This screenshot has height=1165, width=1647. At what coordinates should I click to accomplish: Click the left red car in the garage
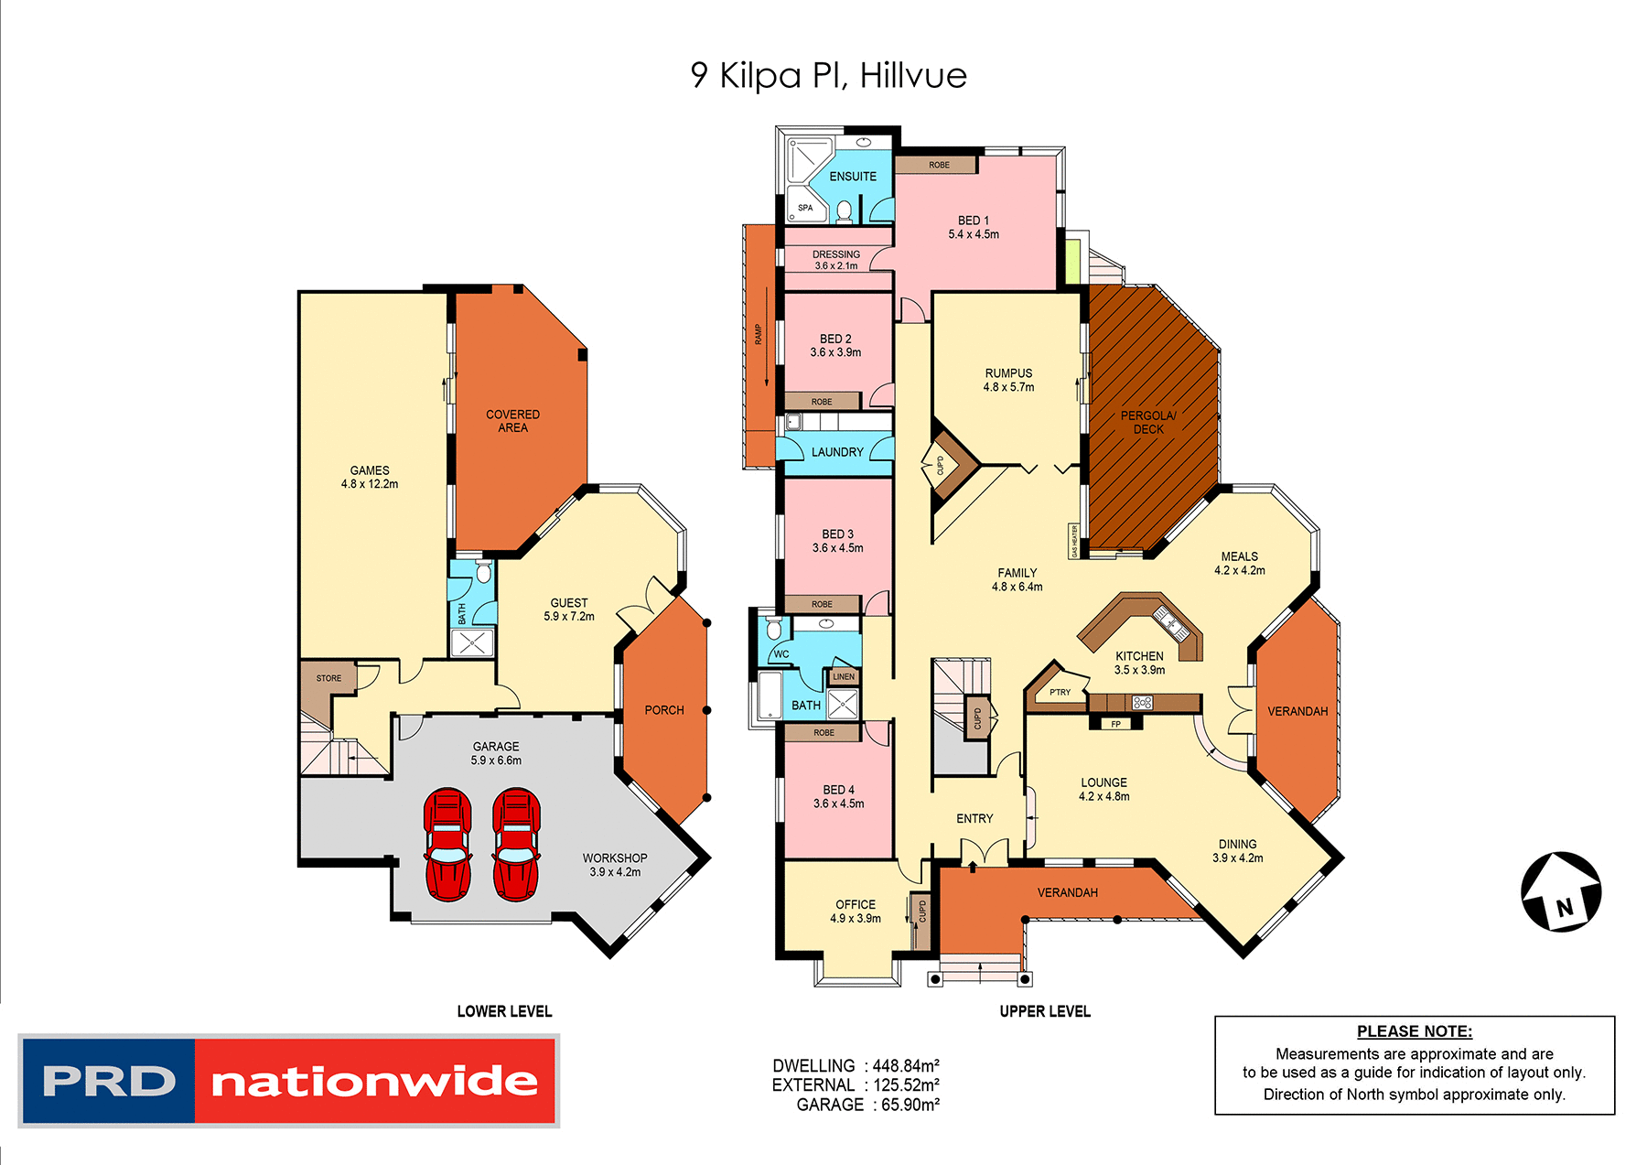(x=447, y=844)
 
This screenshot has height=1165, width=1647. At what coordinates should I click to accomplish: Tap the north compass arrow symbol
(x=1561, y=891)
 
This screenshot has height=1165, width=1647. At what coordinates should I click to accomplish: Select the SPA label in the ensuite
(x=805, y=208)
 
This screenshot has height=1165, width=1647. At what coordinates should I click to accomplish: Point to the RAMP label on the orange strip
(x=759, y=334)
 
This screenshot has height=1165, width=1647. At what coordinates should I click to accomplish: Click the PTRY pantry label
(x=1060, y=693)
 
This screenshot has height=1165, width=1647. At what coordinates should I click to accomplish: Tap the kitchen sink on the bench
(x=1171, y=621)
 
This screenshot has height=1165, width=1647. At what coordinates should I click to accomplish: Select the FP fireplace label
(x=1115, y=724)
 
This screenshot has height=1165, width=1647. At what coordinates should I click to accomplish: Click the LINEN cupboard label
(x=844, y=677)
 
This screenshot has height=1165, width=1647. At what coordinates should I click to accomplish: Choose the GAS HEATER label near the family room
(x=1074, y=541)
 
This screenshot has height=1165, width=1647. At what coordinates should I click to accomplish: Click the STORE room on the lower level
(x=328, y=678)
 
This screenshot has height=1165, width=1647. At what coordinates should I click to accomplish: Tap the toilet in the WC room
(x=773, y=629)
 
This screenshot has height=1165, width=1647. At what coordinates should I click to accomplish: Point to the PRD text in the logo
(x=109, y=1081)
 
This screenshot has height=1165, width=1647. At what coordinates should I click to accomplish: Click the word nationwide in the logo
(x=375, y=1082)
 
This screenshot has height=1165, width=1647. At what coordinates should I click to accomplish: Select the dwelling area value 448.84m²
(x=906, y=1066)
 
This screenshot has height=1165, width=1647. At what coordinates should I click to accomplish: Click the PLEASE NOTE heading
(x=1414, y=1031)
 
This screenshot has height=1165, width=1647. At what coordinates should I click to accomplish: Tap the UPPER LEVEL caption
(x=1044, y=1011)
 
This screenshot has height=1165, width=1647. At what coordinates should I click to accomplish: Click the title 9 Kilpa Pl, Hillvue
(x=828, y=75)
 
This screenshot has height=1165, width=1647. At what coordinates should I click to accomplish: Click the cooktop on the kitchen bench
(x=1143, y=703)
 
